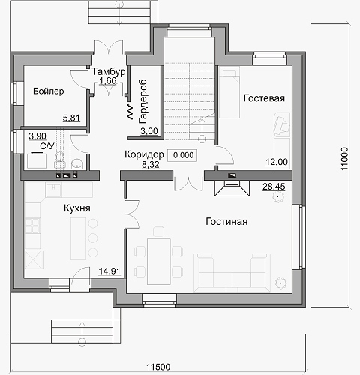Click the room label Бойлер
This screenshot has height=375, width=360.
point(49,91)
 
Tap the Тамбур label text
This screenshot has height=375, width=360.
point(109,71)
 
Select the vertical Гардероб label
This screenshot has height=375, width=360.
point(142,101)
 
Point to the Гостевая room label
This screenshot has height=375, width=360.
point(264,98)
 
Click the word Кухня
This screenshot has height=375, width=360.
point(77,208)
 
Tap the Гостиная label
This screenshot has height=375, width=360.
point(226,221)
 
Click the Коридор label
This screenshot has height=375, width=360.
point(144,154)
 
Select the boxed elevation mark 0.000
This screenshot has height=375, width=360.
point(183,155)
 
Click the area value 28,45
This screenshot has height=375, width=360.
point(274,187)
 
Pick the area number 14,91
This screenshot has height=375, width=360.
point(109,271)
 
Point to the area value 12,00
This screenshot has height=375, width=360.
point(277,162)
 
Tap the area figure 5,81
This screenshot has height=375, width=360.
point(71,118)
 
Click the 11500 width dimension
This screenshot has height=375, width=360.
point(158,367)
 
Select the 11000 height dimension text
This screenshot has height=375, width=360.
point(344,159)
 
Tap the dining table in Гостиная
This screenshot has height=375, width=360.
point(159,261)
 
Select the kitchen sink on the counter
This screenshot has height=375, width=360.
point(53,190)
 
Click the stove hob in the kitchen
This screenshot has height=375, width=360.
point(32,226)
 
